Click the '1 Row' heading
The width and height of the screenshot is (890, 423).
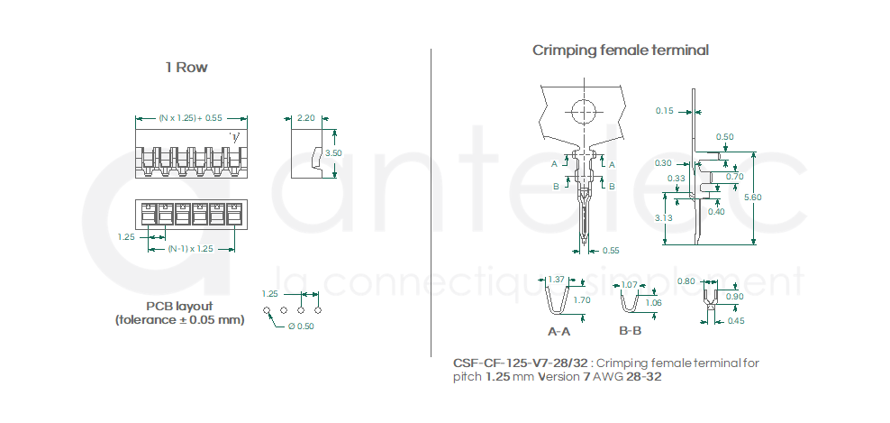click(186, 68)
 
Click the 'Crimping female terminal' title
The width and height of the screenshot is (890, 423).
click(620, 51)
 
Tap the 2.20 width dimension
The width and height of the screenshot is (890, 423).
click(305, 118)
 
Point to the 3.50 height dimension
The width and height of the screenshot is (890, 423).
click(333, 153)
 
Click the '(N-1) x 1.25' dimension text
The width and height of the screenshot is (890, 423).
click(191, 249)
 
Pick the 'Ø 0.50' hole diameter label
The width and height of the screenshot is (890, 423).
click(301, 326)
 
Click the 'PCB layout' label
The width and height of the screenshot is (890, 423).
click(180, 306)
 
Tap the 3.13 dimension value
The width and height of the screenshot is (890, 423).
click(664, 217)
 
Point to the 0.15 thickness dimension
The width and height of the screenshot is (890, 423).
click(665, 111)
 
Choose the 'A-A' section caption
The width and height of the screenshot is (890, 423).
click(559, 331)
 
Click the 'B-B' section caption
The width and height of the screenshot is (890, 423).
click(631, 331)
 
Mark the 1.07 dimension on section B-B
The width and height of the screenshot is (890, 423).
click(629, 285)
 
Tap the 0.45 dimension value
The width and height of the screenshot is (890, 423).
click(736, 320)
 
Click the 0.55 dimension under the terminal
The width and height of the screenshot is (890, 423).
click(610, 250)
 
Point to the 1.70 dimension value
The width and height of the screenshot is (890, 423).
click(582, 299)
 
